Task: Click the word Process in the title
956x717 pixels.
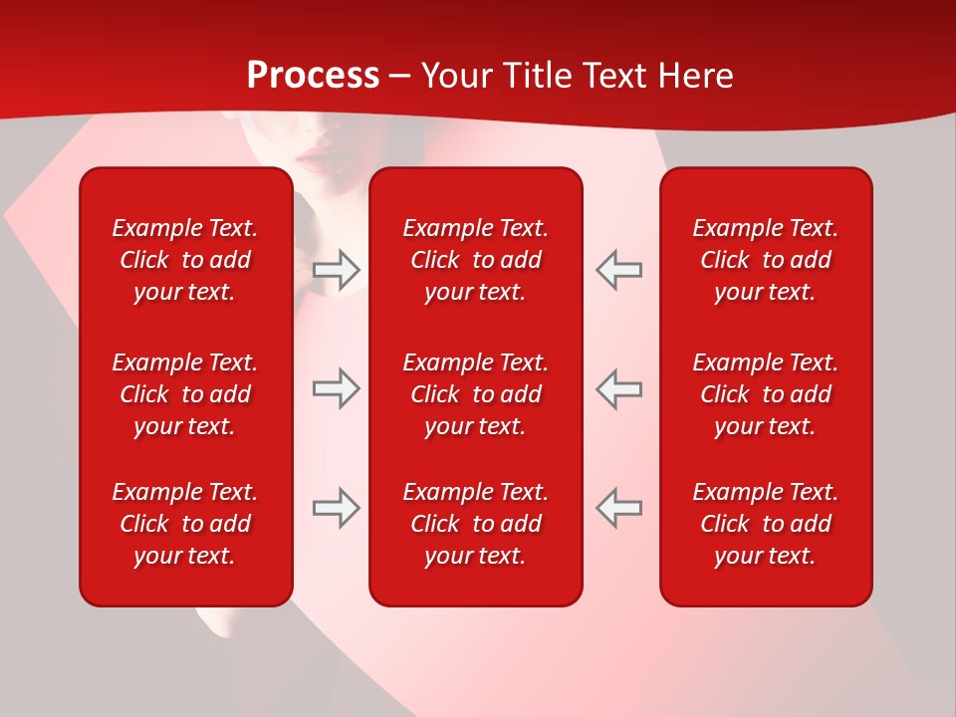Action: [313, 76]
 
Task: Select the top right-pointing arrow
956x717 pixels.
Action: [337, 269]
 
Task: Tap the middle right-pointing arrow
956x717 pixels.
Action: [337, 388]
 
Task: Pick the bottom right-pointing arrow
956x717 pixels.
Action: [337, 508]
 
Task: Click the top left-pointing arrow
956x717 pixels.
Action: [619, 269]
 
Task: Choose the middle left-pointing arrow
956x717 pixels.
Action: [619, 388]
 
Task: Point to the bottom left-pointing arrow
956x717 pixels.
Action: [619, 508]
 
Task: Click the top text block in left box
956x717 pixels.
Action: [185, 260]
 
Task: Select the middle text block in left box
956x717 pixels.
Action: [185, 394]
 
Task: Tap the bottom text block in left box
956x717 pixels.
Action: [185, 524]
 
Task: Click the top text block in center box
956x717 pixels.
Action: [476, 260]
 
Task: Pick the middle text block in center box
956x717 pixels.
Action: [476, 394]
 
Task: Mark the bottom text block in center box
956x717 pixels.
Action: [476, 524]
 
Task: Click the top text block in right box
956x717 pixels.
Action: [766, 260]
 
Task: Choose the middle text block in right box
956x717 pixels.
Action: [766, 394]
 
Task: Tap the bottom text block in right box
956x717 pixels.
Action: [766, 524]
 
